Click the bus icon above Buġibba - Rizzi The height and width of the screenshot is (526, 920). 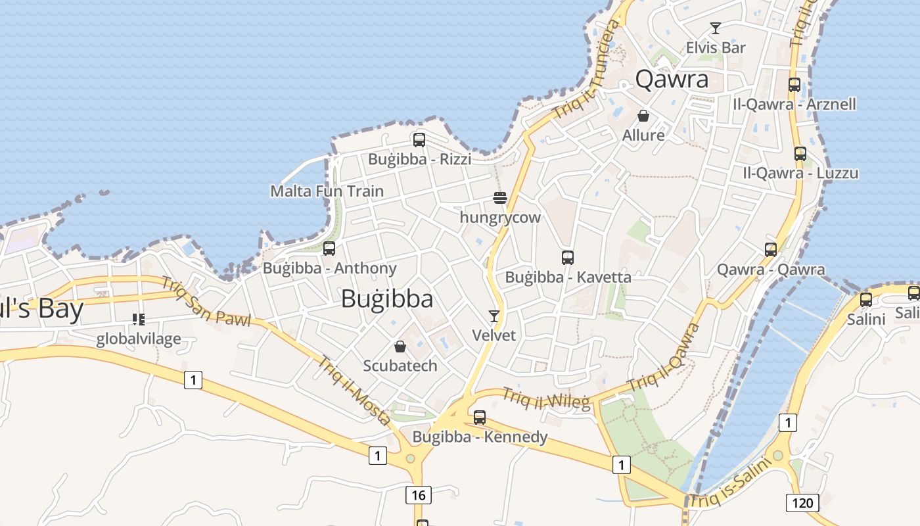419,139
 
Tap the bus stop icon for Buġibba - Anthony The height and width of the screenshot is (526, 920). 329,249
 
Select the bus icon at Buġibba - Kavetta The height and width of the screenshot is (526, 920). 568,257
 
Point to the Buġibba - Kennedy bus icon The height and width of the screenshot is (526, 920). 480,417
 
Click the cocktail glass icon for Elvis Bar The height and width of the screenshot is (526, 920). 716,28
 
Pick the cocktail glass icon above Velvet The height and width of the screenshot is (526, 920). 494,316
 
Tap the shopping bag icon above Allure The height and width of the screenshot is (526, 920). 643,116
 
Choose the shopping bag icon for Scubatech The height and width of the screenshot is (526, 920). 400,346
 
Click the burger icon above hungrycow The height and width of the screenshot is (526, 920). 500,197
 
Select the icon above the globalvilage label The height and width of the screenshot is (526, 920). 138,320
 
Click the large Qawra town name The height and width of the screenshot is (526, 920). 672,80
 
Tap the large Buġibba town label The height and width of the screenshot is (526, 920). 387,299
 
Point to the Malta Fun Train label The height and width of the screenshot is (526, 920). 327,191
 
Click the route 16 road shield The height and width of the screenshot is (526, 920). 419,494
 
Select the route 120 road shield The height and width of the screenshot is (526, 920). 802,503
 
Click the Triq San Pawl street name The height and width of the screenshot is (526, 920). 206,302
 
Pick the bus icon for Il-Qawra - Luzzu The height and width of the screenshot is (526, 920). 800,154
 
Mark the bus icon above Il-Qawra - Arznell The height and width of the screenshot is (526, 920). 794,85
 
